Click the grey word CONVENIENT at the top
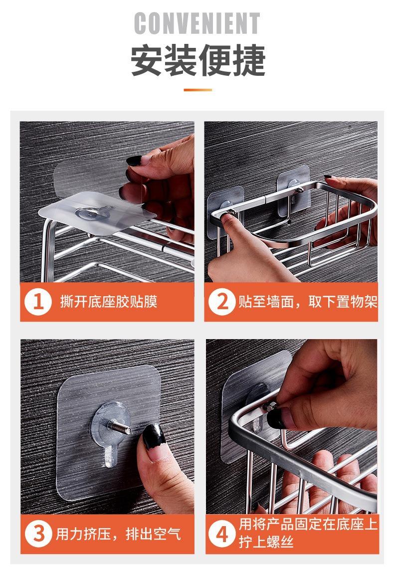[x=197, y=23]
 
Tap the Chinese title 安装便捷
[x=197, y=60]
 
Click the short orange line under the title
[x=197, y=90]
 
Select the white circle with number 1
[x=38, y=302]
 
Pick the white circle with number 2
[x=222, y=302]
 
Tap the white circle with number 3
[x=38, y=534]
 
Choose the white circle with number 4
[x=222, y=534]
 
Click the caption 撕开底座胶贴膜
[x=109, y=302]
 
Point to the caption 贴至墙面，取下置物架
[x=308, y=302]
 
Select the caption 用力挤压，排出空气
[x=118, y=534]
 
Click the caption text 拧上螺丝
[x=266, y=542]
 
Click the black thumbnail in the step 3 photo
[x=154, y=436]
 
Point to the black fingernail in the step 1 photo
[x=134, y=160]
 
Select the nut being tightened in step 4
[x=269, y=405]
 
